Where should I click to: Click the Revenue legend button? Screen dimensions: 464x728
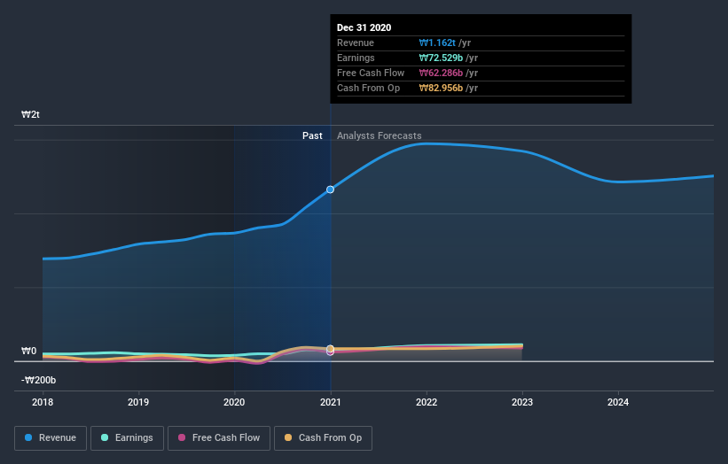click(51, 437)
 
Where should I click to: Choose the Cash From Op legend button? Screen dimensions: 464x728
click(324, 437)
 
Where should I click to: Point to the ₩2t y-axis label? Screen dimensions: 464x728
click(31, 115)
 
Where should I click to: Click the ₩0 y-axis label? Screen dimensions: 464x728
click(29, 351)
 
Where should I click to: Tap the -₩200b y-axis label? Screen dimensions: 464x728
click(39, 380)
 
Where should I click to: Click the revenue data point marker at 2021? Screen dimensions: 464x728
click(331, 189)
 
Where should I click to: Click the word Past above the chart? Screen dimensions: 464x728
click(312, 135)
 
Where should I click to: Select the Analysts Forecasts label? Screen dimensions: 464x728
click(379, 135)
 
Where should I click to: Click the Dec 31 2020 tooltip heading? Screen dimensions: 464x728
click(364, 27)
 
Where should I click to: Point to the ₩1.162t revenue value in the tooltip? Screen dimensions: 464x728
click(438, 43)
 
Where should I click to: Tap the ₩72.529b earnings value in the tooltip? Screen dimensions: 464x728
click(442, 58)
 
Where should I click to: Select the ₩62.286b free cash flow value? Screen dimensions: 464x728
click(442, 73)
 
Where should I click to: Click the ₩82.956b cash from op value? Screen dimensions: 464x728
click(442, 88)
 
